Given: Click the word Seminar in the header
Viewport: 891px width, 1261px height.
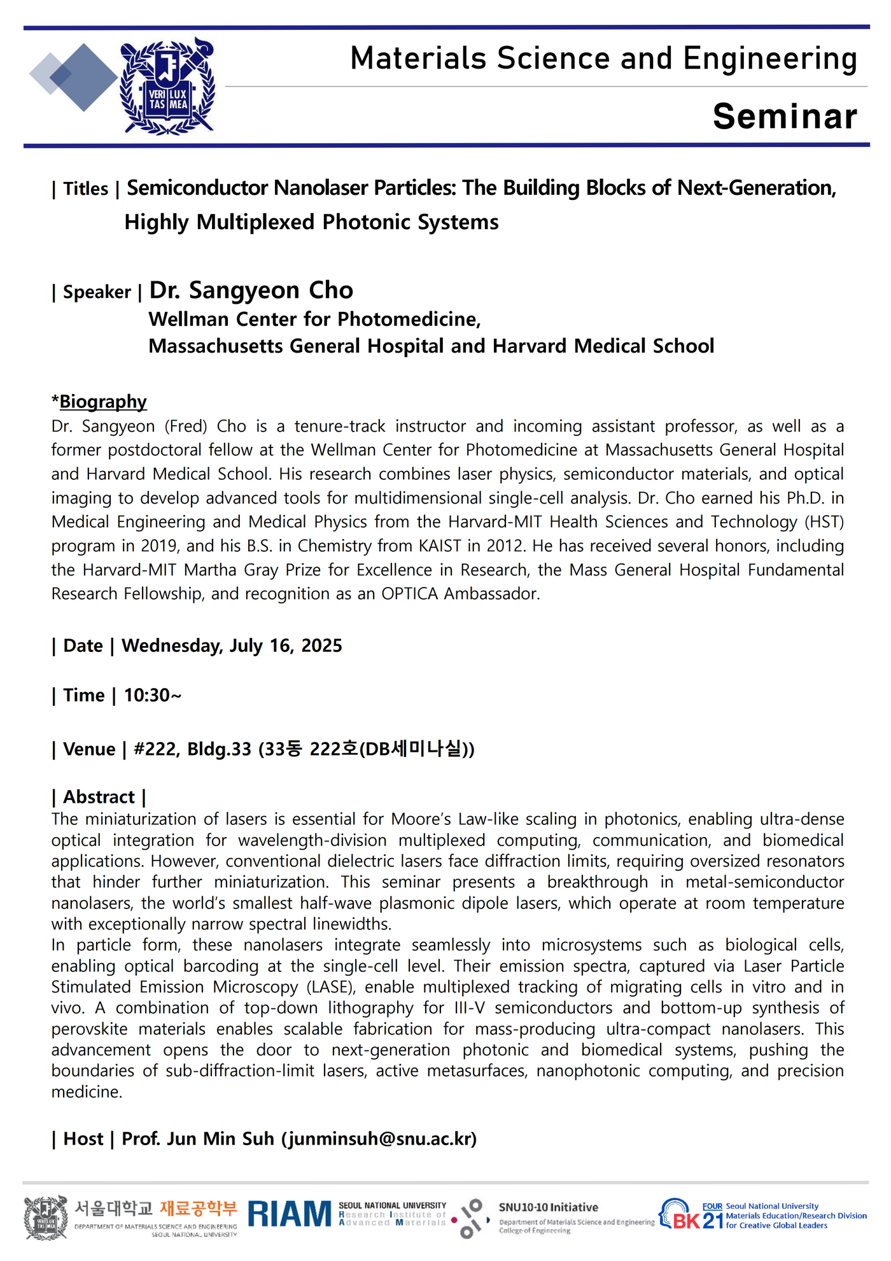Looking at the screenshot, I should tap(784, 116).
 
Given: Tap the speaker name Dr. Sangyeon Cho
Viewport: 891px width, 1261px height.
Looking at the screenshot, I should tap(251, 290).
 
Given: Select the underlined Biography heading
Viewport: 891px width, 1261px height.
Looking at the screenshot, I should tap(102, 402).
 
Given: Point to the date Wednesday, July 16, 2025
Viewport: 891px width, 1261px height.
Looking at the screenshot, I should tap(232, 645).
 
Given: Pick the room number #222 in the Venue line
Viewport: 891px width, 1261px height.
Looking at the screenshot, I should tap(155, 749).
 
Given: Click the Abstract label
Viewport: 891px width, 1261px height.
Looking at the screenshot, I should tap(99, 797).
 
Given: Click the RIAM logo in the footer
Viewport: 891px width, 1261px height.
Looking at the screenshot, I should tap(290, 1214).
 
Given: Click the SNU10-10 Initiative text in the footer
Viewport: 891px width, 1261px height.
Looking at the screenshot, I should tap(548, 1208).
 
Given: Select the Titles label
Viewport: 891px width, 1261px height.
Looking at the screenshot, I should tap(85, 189).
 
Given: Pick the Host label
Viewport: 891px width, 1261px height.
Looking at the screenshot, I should tap(83, 1139).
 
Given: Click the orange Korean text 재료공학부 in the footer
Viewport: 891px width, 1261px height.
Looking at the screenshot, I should tap(198, 1208).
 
